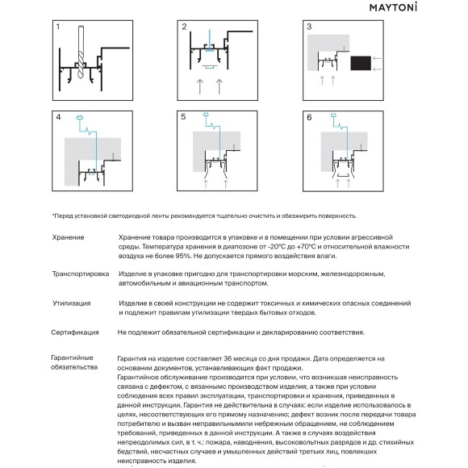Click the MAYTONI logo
pos(393,7)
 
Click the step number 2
pos(184,27)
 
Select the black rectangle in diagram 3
pos(361,63)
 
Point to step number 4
pos(58,117)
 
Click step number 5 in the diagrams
pos(183,117)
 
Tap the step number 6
pos(309,117)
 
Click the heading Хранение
pos(68,237)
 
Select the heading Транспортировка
pos(81,274)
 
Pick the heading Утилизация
pos(71,303)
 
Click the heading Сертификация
pos(74,332)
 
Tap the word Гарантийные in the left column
pos(72,358)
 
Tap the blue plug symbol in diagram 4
pos(80,118)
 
